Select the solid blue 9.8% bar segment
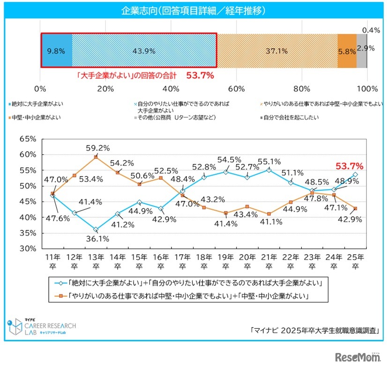coord(57,50)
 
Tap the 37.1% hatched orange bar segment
coord(277,50)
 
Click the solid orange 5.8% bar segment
coord(347,50)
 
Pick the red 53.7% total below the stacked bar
coord(200,74)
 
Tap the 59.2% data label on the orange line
coord(98,148)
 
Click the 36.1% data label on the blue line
coord(97,238)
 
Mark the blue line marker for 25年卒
coord(355,174)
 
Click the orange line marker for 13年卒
coord(96,157)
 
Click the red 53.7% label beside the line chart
coord(350,166)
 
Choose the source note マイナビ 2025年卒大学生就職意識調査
coord(314,330)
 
